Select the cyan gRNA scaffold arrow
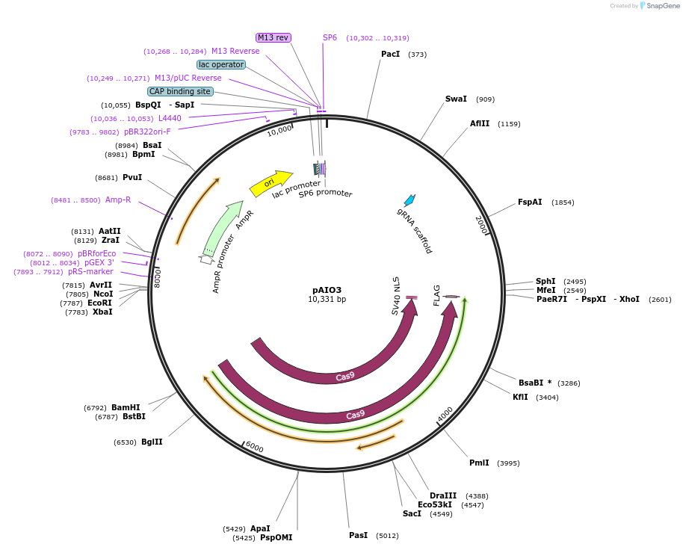(410, 200)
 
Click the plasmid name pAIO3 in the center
(327, 290)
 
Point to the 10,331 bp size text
(327, 300)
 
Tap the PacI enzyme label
(390, 55)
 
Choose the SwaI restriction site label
(456, 99)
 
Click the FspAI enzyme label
(530, 203)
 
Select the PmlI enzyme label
(479, 463)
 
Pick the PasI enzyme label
(358, 536)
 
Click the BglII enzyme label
(152, 442)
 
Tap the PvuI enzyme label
(132, 178)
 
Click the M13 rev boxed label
(273, 37)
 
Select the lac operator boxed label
(221, 64)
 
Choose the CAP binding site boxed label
(180, 91)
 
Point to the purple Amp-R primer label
(118, 200)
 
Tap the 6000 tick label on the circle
(254, 447)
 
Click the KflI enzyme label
(520, 397)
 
